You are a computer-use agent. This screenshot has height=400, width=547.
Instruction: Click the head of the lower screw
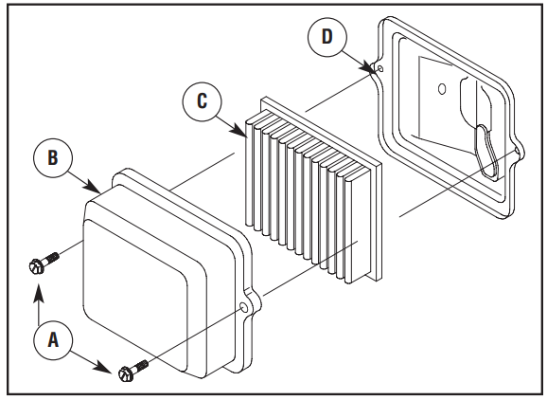click(x=125, y=374)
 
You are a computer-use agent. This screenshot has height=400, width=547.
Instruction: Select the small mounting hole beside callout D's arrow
click(x=379, y=68)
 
